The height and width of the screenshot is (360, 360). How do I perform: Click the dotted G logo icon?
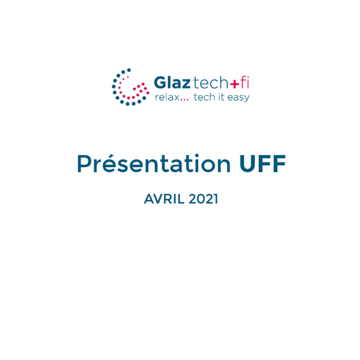130,87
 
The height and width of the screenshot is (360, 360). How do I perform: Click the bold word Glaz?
172,83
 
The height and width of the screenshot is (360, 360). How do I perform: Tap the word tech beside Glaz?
210,82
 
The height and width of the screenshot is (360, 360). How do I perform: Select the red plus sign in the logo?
235,84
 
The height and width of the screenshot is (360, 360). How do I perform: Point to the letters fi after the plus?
245,82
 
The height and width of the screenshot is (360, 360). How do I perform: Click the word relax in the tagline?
167,97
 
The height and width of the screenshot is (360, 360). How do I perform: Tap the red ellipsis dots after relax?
184,100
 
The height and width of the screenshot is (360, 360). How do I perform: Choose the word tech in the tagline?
204,97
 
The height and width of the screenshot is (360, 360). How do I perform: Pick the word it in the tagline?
221,97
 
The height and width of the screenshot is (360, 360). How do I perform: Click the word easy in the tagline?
238,98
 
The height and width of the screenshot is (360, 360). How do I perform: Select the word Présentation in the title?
153,163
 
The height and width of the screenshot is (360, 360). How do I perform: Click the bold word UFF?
263,163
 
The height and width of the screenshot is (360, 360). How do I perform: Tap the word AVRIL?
164,199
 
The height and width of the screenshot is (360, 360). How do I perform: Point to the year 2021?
204,199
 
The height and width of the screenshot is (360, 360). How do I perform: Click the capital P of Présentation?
84,163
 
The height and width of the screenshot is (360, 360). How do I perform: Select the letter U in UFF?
248,164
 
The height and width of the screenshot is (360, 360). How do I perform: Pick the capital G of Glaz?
160,83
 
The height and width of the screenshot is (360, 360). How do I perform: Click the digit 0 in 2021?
200,199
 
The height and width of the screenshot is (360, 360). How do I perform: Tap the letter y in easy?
246,99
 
